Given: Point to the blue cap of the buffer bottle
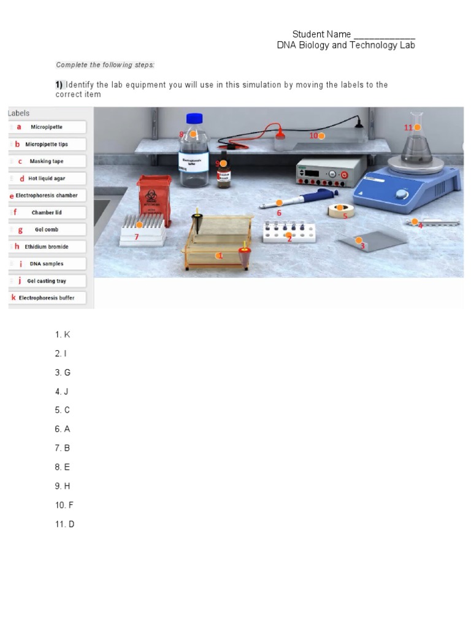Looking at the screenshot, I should (x=194, y=118).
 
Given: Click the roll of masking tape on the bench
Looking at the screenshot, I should (x=338, y=211).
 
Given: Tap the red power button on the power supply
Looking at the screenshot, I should (x=344, y=175).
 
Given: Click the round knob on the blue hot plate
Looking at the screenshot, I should (x=402, y=194).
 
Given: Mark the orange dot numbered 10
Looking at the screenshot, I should (x=321, y=136).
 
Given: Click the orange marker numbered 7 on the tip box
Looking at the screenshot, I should (x=139, y=225).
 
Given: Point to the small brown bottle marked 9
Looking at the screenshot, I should (x=223, y=173).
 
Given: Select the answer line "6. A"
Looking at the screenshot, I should (x=63, y=429).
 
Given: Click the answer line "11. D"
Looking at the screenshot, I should (x=64, y=524).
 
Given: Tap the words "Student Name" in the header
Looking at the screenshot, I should (x=321, y=34).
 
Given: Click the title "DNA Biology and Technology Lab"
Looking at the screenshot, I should (x=346, y=45).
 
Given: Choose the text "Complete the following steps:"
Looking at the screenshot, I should (x=105, y=65).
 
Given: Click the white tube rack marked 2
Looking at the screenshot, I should (x=288, y=232).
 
